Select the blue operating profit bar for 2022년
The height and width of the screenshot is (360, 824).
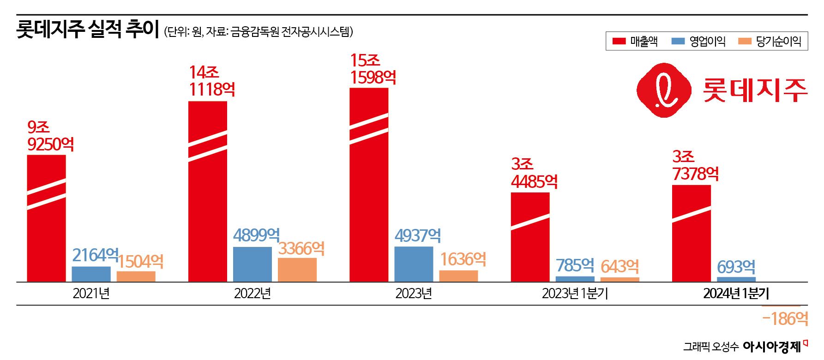(253, 264)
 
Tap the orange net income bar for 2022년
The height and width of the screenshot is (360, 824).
(297, 270)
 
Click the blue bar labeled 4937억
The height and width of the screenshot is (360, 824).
(414, 264)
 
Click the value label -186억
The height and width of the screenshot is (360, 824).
(785, 318)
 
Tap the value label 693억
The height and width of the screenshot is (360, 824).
(736, 267)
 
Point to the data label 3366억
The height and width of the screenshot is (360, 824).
(301, 249)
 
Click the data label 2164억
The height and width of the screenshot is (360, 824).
(95, 255)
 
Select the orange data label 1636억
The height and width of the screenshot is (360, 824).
(463, 259)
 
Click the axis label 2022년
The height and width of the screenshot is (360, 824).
(253, 294)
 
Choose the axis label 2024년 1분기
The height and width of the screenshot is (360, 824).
(736, 294)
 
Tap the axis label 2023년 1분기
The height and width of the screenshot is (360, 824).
(575, 294)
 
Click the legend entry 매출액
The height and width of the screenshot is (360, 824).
(635, 42)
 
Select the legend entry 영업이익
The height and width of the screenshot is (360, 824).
(698, 42)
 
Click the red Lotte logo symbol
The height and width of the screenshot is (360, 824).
(664, 90)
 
